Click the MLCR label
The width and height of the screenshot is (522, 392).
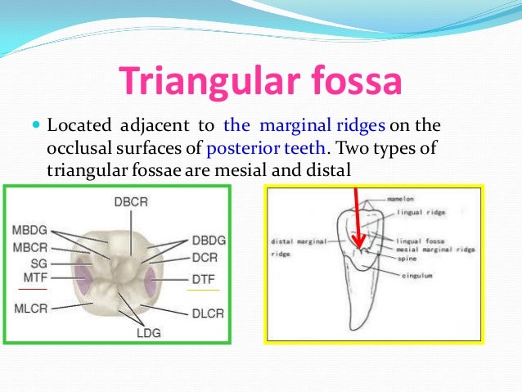[29, 308]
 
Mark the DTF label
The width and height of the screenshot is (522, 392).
[204, 279]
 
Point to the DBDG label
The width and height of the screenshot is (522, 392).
[209, 241]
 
